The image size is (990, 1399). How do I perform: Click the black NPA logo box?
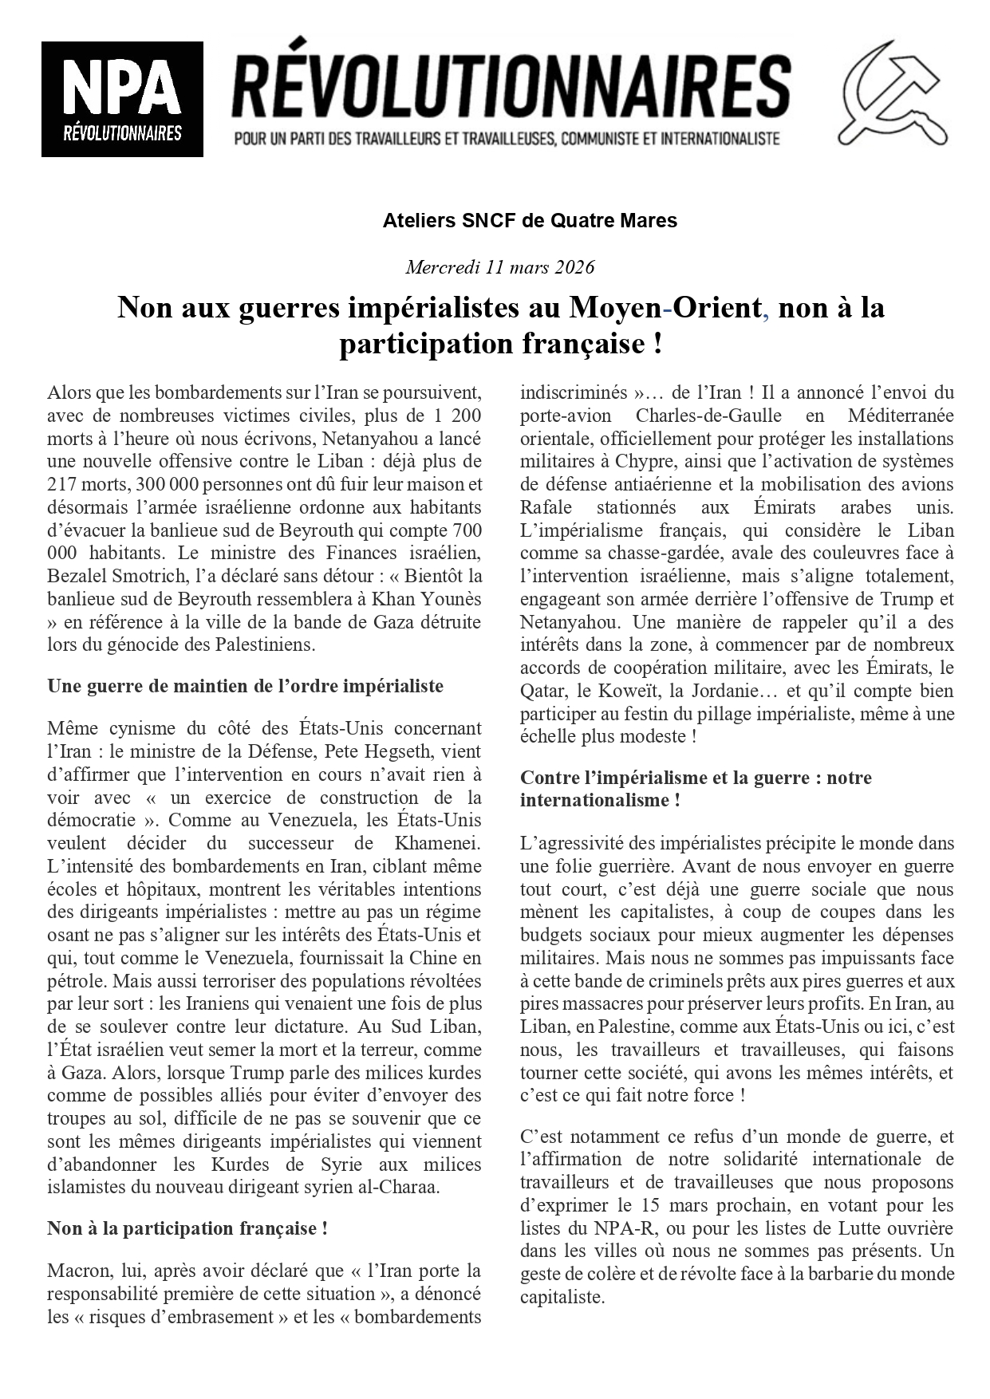tap(122, 99)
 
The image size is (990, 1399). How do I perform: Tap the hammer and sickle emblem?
tap(896, 93)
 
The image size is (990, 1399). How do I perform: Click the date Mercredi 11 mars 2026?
tap(499, 266)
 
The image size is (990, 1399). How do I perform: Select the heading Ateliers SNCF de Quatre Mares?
tap(530, 221)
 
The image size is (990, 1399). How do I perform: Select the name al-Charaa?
tap(400, 1187)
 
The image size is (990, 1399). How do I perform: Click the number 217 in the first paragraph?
tap(62, 484)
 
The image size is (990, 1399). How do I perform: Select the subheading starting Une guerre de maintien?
tap(245, 686)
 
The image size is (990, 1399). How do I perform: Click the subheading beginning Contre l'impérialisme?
tap(696, 778)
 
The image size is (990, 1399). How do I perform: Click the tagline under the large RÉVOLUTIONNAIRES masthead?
tap(507, 139)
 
